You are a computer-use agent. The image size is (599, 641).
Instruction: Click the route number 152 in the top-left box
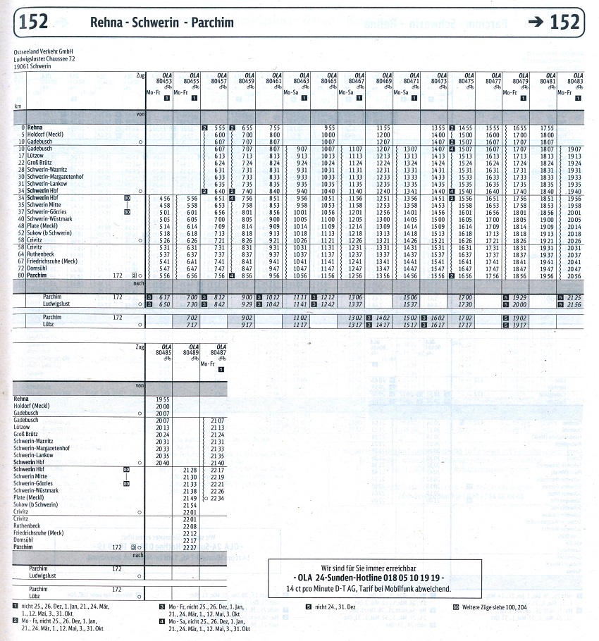pos(34,22)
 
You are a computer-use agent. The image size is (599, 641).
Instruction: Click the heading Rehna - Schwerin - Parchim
pos(161,23)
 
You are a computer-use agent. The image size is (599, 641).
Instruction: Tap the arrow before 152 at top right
pos(538,22)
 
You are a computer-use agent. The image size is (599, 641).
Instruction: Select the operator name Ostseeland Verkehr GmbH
pos(43,51)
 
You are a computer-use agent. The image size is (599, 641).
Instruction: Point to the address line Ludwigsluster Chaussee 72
pos(44,58)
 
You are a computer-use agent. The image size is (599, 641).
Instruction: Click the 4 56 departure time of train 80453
pos(165,199)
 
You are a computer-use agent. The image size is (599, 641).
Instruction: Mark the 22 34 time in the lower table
pos(217,497)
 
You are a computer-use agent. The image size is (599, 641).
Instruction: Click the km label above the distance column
pos(18,106)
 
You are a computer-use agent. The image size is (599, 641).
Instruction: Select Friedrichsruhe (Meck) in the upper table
pos(52,261)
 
